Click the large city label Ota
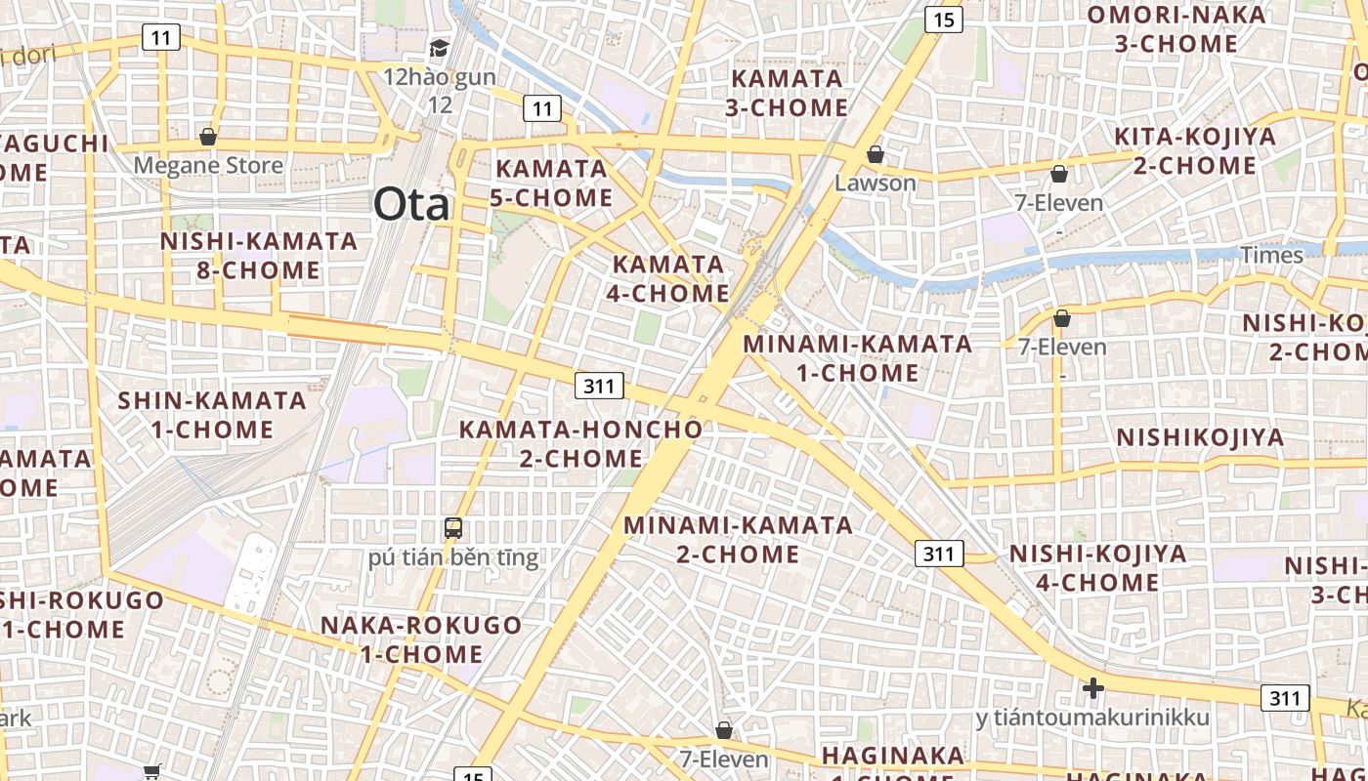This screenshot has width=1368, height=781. click(411, 205)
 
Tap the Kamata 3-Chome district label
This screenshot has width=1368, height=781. click(787, 93)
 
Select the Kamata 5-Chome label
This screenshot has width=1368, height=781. click(551, 183)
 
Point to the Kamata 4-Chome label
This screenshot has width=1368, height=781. click(668, 278)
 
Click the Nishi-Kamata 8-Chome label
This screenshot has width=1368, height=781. click(259, 255)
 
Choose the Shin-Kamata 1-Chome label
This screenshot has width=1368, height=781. click(212, 414)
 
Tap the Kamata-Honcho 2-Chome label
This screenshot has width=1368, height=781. click(580, 443)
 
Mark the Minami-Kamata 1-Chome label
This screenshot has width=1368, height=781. click(858, 357)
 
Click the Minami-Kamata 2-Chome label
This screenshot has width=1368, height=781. click(739, 539)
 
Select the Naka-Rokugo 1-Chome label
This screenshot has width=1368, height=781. click(422, 639)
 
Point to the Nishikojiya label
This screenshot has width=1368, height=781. click(1200, 437)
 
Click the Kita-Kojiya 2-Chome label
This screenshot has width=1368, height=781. click(1195, 150)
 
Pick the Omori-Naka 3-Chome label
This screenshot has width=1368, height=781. click(1176, 29)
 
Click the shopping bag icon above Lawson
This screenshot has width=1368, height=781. click(876, 154)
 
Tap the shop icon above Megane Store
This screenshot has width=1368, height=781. click(207, 137)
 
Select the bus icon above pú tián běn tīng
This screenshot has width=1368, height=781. click(453, 528)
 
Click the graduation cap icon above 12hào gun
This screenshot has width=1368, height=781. click(440, 48)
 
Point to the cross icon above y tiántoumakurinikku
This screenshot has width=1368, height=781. click(1092, 689)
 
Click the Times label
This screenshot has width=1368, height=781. click(1271, 255)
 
